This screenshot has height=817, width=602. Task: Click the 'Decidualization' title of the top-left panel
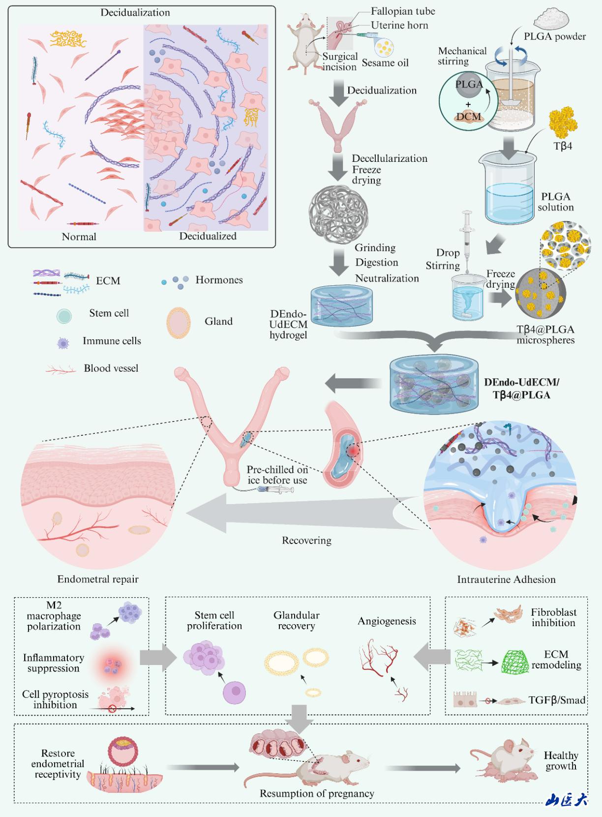(135, 13)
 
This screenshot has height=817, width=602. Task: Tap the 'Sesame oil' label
(385, 63)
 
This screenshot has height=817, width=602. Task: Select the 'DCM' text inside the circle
(468, 117)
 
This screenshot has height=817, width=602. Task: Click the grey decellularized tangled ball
(339, 212)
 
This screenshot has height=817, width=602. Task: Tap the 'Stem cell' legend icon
(64, 316)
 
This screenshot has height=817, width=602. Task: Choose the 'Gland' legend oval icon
(178, 323)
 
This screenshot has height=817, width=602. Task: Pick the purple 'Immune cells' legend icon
(63, 343)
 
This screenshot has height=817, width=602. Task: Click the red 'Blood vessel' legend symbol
(60, 369)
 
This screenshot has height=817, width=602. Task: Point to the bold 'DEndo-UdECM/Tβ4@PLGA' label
(521, 389)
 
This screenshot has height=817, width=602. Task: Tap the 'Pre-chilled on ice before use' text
(277, 475)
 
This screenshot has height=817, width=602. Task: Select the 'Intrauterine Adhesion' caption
(506, 579)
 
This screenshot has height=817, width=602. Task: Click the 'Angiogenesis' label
(387, 621)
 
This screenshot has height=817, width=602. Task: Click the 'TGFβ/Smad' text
(557, 700)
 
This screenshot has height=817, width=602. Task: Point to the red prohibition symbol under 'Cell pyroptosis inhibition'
(112, 709)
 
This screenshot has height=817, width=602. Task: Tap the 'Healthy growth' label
(561, 760)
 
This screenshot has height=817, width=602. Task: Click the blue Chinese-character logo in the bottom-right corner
(567, 800)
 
